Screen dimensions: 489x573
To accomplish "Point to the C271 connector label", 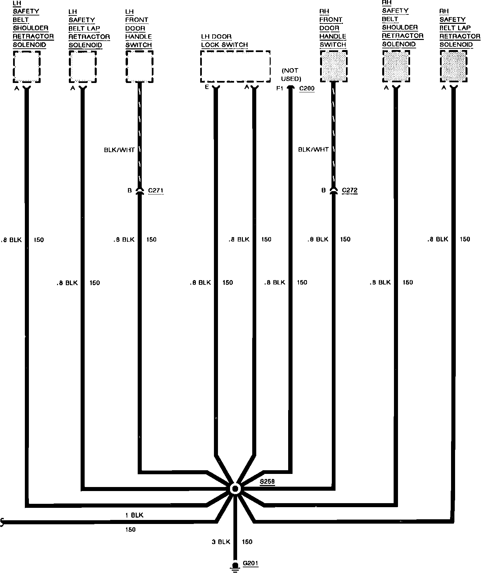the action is tap(156, 190).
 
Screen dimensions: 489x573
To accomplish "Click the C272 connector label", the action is tap(350, 190).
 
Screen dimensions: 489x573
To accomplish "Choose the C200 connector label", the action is tap(307, 88).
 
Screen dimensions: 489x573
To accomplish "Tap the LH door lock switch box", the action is tap(235, 67).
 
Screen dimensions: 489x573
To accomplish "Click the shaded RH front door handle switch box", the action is tap(334, 67).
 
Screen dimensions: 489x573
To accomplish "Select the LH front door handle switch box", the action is tap(139, 67).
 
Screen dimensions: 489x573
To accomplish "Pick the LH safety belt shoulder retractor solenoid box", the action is tap(27, 67).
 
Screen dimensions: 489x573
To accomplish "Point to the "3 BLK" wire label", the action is tap(221, 542).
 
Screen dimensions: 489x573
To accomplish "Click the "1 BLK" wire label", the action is tap(134, 515).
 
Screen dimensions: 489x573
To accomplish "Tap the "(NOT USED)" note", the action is tap(291, 75).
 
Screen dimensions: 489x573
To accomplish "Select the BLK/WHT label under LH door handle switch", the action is tap(119, 150).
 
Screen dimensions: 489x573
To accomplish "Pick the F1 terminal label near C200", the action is tap(280, 88).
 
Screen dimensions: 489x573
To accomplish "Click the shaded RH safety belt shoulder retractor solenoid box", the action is tap(396, 67).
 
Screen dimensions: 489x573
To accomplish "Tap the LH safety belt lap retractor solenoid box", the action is tap(83, 67).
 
